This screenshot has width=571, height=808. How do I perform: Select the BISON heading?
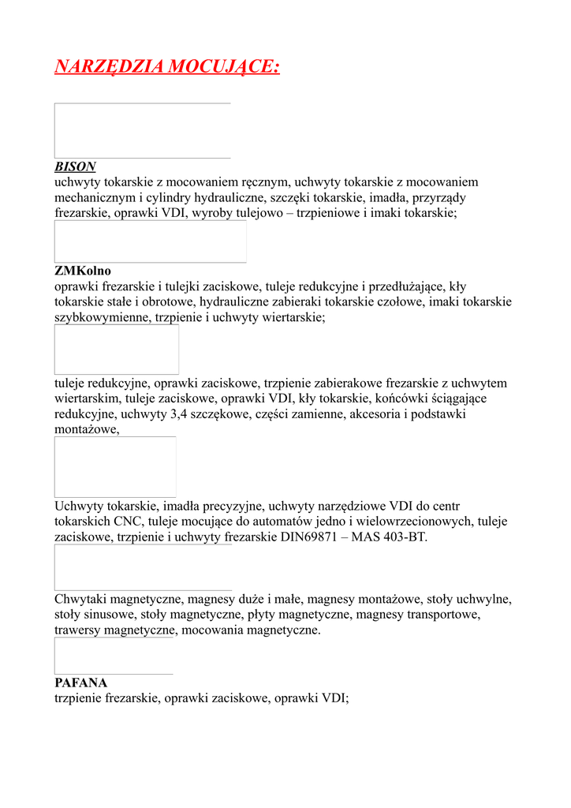click(75, 166)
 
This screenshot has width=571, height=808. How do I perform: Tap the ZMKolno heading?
click(83, 271)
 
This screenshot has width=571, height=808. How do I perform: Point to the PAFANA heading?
click(80, 683)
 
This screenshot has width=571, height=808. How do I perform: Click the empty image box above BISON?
click(142, 130)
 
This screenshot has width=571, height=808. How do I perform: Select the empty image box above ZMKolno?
click(150, 241)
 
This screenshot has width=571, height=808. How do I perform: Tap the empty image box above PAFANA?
click(114, 656)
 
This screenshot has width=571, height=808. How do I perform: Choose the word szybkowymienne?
click(99, 317)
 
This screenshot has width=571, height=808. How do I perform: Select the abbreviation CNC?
click(129, 522)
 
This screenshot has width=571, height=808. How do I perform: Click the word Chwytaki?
click(81, 599)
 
